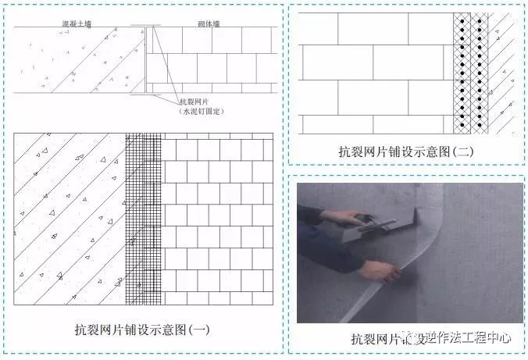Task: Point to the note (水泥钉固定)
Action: coord(200,112)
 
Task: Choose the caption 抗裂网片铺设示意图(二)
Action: coord(406,152)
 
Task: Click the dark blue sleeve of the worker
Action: coord(320,234)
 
